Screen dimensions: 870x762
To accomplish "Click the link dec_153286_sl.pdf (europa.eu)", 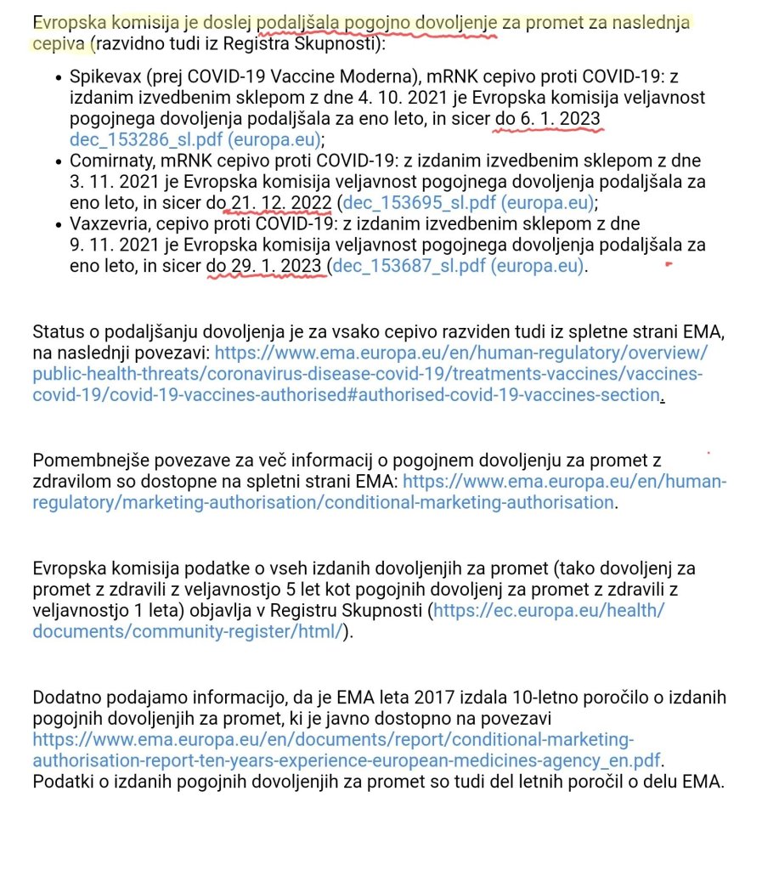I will tap(196, 138).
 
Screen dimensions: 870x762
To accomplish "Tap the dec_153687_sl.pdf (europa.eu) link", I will tap(459, 266).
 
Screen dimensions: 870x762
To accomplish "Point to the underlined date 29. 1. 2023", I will tap(276, 266).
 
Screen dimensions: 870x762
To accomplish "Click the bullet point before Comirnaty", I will tap(58, 161).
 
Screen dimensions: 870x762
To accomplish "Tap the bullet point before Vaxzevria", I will tap(58, 224).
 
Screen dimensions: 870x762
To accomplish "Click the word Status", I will tap(56, 330).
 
